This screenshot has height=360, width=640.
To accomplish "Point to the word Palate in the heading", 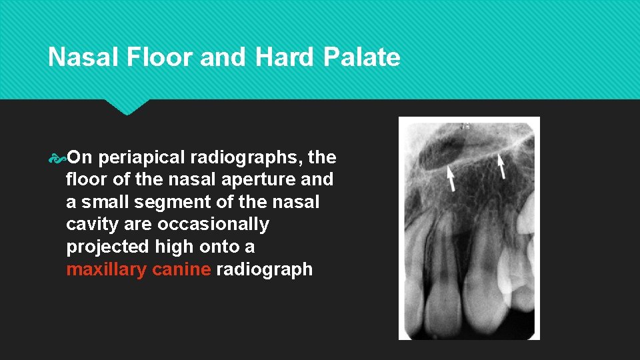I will [361, 58].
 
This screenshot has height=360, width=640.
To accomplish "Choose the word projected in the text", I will [108, 247].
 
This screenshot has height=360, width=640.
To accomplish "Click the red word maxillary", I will [107, 270].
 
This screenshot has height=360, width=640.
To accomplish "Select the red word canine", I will [181, 270].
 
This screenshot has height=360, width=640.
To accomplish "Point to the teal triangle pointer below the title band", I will [126, 107].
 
